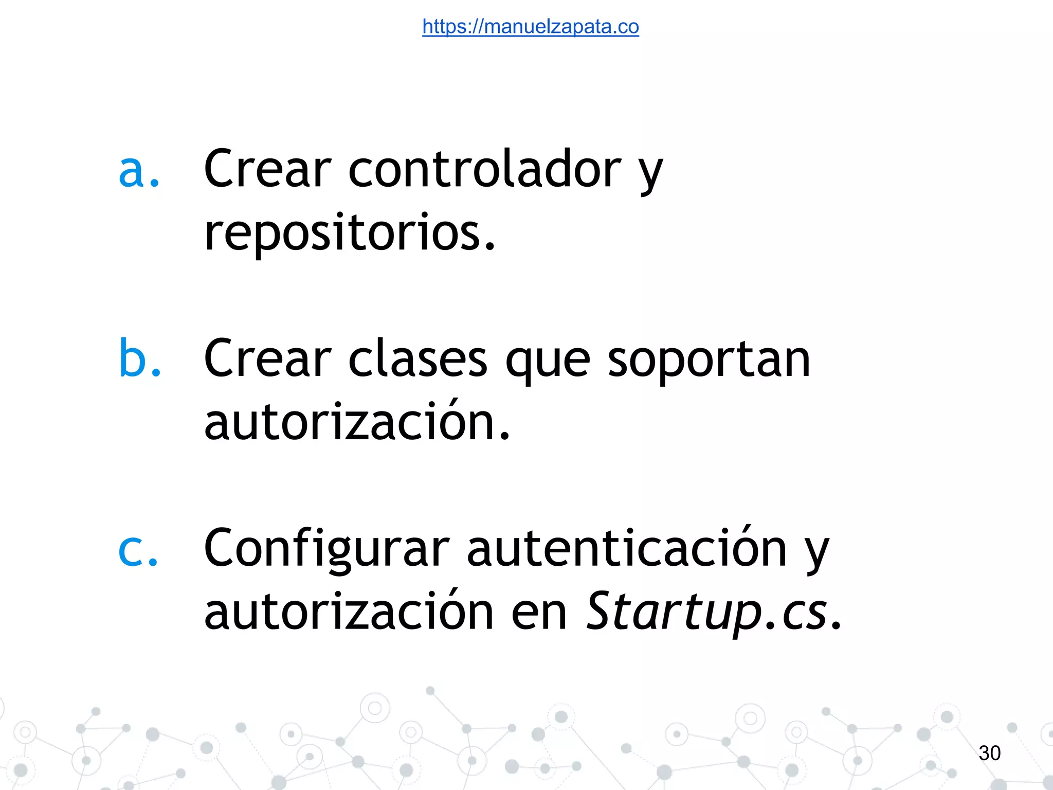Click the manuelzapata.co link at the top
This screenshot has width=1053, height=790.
point(530,26)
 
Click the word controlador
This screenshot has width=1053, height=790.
point(484,170)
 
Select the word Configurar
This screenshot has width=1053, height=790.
point(327,549)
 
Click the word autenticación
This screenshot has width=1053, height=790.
point(626,548)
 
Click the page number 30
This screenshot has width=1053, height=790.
point(989,753)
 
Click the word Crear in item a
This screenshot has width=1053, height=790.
point(267,170)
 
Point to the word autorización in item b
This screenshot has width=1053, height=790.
point(350,422)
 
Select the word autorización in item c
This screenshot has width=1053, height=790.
point(350,612)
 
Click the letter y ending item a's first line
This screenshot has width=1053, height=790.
point(651,175)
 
